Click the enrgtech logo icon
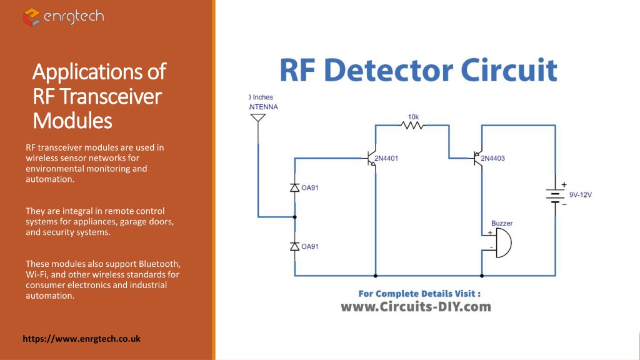[31, 17]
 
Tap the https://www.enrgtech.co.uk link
[82, 339]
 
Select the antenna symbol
[258, 118]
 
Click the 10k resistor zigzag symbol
[412, 125]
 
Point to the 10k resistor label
[413, 117]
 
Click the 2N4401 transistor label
[386, 158]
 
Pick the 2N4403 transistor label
[492, 158]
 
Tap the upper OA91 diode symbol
[295, 187]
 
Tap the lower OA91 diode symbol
[295, 246]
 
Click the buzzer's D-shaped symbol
[503, 243]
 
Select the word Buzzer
[502, 223]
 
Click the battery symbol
[555, 195]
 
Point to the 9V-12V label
[581, 195]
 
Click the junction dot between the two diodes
[295, 217]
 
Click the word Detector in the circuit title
[388, 70]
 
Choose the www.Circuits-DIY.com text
[416, 307]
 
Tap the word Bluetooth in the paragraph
[159, 264]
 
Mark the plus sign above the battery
[564, 184]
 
